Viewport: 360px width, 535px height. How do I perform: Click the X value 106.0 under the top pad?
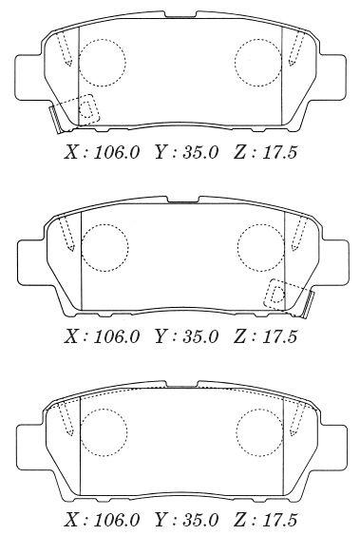117,152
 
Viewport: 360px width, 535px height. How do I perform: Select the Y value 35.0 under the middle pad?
200,336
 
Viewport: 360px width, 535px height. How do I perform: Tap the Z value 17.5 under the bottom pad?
279,520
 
